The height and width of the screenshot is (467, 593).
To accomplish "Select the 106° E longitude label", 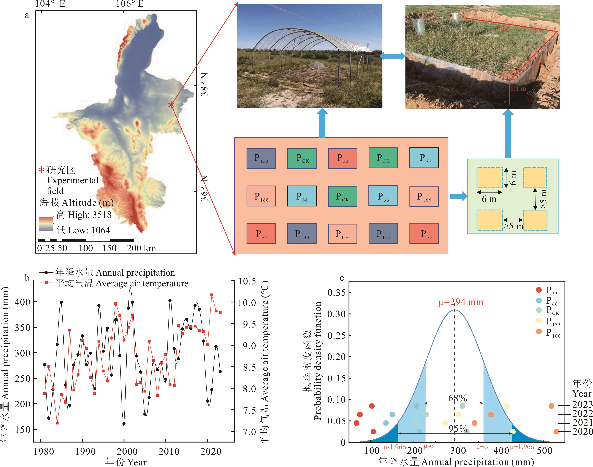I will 129,4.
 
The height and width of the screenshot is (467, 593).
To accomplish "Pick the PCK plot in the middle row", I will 342,196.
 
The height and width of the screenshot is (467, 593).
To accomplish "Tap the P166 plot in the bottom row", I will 342,234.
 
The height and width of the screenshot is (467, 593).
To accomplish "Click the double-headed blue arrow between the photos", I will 392,56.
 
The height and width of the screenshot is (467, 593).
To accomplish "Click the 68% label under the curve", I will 457,398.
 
